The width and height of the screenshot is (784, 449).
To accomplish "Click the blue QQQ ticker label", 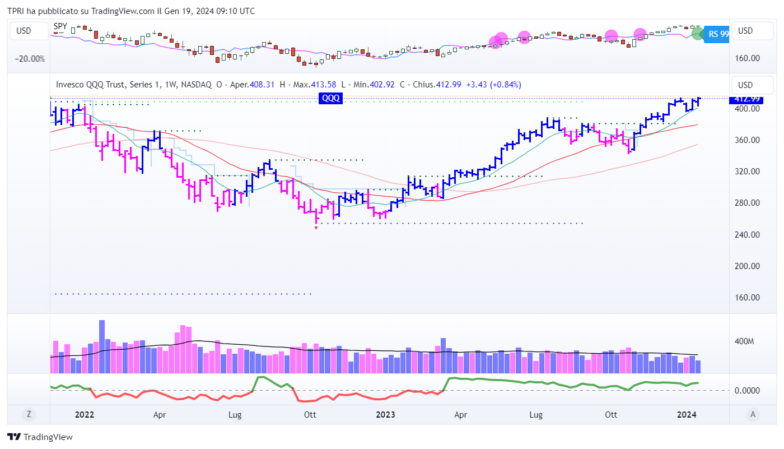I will (x=330, y=98).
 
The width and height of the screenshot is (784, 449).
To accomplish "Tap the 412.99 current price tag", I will (x=744, y=99).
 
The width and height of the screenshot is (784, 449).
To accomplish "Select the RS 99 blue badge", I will (x=717, y=34).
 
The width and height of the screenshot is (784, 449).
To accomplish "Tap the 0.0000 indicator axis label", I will (x=746, y=390).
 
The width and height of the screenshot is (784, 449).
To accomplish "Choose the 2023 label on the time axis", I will (x=385, y=415).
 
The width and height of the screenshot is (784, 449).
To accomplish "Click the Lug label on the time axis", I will (x=235, y=415).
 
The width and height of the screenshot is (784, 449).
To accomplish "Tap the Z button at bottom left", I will (x=27, y=415).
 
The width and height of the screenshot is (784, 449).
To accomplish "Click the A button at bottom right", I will (x=753, y=415).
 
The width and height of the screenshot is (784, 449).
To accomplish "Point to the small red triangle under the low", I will (x=316, y=228).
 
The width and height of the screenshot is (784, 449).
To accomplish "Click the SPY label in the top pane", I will (x=60, y=26).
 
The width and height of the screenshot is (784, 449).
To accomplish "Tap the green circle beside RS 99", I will (x=698, y=34).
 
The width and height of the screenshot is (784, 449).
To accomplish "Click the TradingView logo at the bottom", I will (x=40, y=437).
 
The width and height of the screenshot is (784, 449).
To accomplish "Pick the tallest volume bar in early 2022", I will (x=102, y=346).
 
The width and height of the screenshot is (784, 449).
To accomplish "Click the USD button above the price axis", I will (x=745, y=85).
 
